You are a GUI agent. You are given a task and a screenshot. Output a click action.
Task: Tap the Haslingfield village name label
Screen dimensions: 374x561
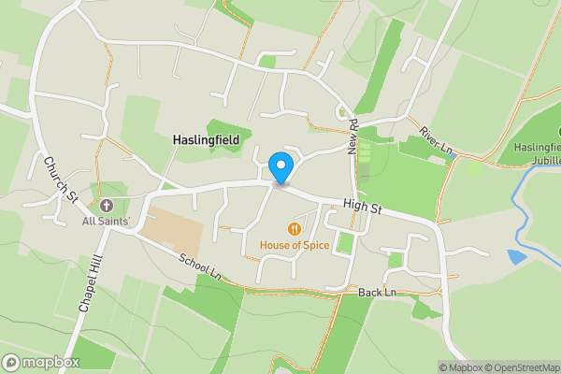point(206,139)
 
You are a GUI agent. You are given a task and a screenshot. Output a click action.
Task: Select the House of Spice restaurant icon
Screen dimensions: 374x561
point(295,228)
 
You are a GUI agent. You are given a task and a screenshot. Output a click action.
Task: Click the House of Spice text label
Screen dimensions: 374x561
point(295,246)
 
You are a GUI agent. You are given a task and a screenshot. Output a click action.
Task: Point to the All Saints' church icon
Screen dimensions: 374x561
point(105,205)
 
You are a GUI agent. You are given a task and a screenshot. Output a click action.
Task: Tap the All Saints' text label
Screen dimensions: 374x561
point(105,221)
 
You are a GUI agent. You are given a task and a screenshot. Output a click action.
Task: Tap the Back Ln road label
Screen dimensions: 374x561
point(377,293)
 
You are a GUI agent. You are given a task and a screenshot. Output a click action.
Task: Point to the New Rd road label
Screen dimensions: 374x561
point(353,137)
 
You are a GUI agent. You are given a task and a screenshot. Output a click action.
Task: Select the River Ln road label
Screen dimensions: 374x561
point(435,141)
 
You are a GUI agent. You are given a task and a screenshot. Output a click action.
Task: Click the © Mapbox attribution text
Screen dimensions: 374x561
point(459,367)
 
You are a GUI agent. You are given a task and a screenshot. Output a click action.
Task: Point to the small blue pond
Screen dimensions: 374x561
point(516,255)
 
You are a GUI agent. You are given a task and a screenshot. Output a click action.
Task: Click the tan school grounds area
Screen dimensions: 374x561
point(173,228)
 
